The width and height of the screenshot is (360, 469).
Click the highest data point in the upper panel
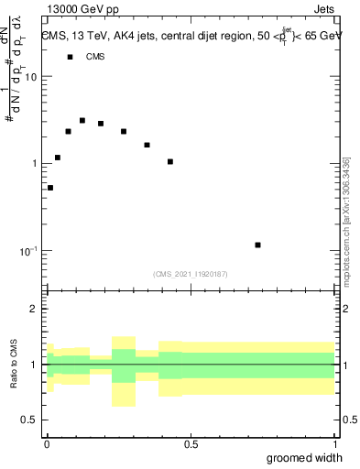coord(82,120)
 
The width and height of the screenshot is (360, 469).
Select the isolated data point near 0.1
coord(258,245)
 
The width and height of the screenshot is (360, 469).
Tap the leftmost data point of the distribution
coord(50,188)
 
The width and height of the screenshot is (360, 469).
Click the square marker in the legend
coord(70,57)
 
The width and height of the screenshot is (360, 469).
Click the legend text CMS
coord(95,57)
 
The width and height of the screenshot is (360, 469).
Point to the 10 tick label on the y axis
coord(32,77)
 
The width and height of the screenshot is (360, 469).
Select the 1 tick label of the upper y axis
coord(35,163)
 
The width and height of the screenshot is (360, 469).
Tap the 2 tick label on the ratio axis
coord(35,309)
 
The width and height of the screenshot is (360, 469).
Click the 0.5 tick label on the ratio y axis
coord(30,420)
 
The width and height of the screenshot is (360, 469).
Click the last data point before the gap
coord(170,161)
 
